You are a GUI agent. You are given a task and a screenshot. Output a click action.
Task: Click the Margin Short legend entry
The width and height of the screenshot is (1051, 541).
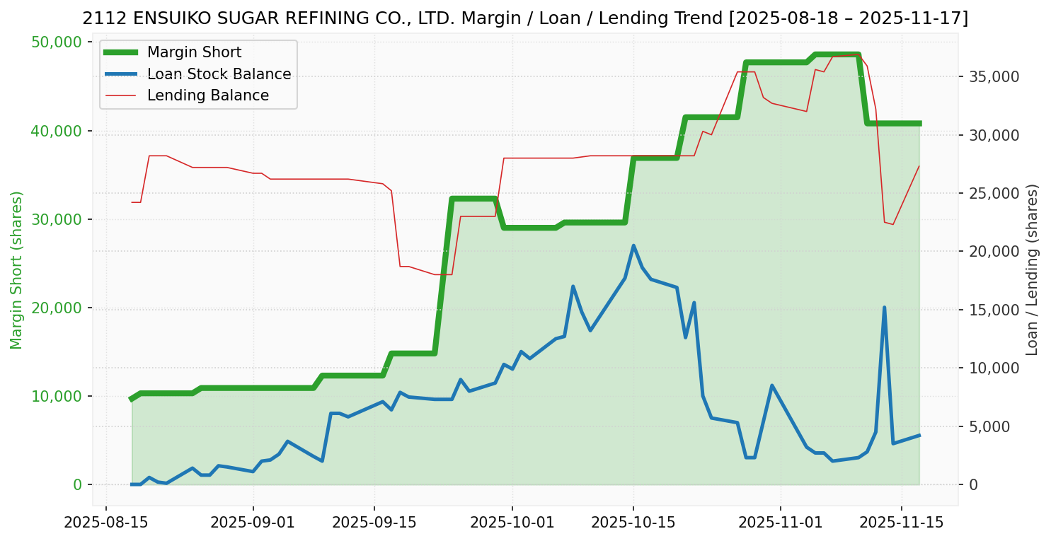(194, 52)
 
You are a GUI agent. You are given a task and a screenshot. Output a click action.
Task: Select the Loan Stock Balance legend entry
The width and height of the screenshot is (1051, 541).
(219, 74)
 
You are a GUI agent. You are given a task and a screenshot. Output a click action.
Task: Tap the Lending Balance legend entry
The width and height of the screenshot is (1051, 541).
(207, 95)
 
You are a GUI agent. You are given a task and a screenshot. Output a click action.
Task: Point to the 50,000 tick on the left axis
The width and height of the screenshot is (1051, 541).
(57, 42)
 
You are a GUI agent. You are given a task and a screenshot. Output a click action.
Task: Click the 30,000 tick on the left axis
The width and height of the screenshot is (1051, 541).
(57, 219)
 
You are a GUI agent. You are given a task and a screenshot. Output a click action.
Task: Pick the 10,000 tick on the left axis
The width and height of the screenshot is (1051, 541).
(57, 396)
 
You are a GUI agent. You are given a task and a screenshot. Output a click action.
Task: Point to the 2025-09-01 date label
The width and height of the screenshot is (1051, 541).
(253, 523)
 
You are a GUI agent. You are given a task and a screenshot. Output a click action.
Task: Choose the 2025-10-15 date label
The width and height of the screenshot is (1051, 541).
(633, 523)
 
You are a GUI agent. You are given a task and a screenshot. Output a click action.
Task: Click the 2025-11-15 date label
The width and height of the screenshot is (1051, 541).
(901, 523)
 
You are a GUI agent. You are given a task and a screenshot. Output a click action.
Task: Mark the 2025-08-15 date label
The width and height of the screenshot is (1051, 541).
(106, 523)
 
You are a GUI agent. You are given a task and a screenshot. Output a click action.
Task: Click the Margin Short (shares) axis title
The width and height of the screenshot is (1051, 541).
(16, 269)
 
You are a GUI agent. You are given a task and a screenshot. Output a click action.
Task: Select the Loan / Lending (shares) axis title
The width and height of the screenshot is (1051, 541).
(1033, 269)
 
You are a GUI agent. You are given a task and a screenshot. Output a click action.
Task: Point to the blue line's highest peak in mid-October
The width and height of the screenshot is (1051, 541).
(633, 245)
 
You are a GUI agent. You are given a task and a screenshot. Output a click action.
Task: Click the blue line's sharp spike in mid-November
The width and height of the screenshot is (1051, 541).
(884, 308)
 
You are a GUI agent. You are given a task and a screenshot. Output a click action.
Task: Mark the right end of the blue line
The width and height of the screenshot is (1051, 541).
(919, 435)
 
